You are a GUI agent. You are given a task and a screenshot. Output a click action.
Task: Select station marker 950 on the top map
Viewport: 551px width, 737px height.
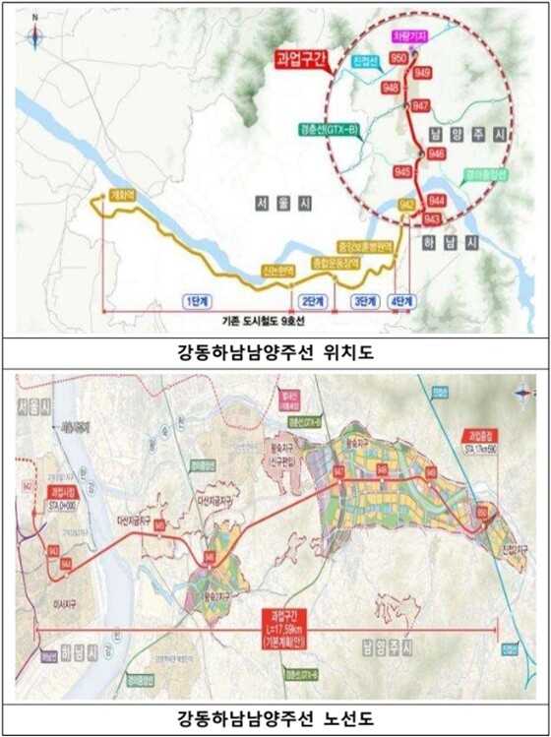click(399, 59)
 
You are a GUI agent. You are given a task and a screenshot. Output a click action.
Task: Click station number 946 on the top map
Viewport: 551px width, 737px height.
click(437, 154)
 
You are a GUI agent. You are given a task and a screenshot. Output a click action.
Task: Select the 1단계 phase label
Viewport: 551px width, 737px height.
click(198, 301)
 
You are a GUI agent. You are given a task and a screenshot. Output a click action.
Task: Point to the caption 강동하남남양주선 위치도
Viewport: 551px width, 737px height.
click(275, 351)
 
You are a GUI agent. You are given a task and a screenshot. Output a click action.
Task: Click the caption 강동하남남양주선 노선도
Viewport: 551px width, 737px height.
click(275, 717)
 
